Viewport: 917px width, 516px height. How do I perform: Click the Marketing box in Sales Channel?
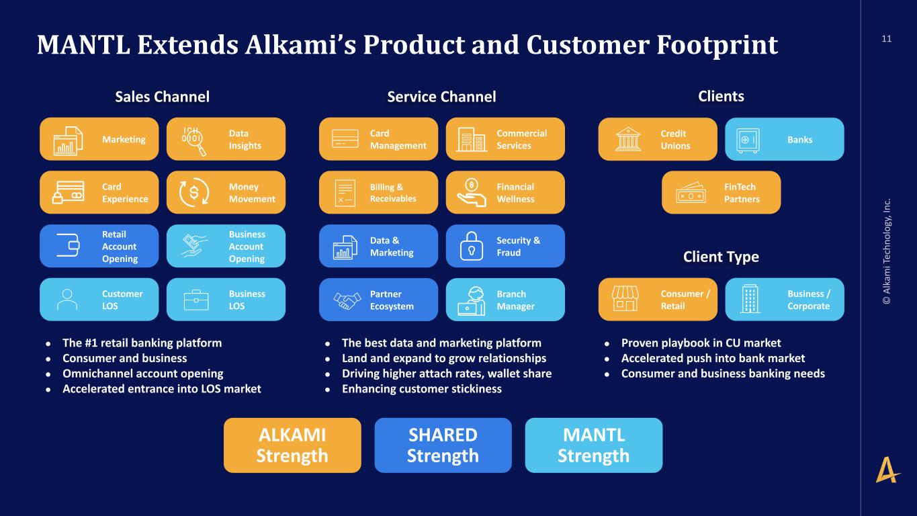tap(99, 139)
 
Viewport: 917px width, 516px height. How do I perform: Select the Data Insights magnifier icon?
tap(193, 140)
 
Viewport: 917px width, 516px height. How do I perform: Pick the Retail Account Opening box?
tap(99, 246)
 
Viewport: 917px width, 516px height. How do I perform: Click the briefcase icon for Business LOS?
tap(196, 300)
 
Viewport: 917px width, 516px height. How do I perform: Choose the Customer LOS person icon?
tap(67, 300)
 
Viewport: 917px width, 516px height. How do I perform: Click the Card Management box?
tap(378, 139)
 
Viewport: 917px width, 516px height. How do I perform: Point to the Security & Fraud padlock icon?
tap(471, 247)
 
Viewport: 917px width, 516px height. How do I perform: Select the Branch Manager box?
tap(505, 300)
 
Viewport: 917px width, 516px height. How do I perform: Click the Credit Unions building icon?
tap(628, 140)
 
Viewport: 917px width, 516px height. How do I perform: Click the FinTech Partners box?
tap(721, 193)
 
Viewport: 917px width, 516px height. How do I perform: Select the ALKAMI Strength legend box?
tap(292, 445)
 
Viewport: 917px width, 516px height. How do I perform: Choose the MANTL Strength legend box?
tap(593, 445)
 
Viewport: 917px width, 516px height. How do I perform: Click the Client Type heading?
tap(720, 257)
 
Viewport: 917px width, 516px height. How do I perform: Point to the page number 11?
tap(886, 39)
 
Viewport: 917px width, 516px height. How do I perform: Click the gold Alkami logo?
tap(887, 470)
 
